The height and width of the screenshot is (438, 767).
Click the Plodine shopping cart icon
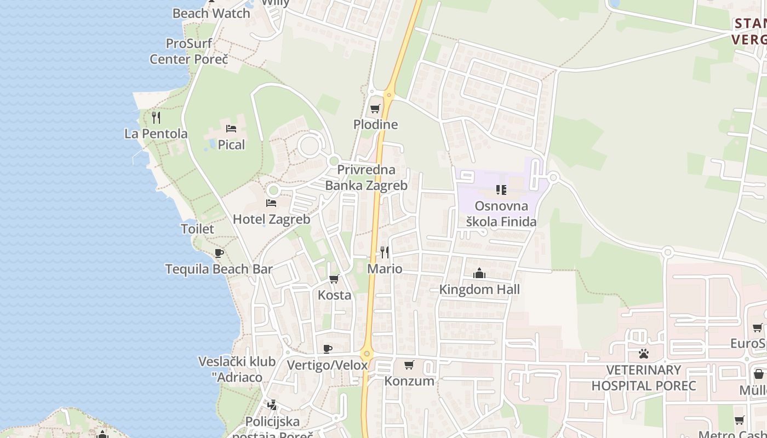pyautogui.click(x=375, y=108)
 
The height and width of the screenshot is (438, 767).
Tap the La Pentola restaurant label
pyautogui.click(x=156, y=134)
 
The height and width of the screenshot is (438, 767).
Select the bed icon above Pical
pyautogui.click(x=231, y=129)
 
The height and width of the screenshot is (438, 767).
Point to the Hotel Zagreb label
pyautogui.click(x=271, y=219)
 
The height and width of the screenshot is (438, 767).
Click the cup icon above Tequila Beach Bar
pyautogui.click(x=219, y=253)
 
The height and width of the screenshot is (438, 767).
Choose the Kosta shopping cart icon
pyautogui.click(x=334, y=279)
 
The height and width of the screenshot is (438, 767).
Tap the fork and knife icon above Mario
pyautogui.click(x=385, y=252)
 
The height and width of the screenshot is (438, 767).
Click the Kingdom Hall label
pyautogui.click(x=479, y=289)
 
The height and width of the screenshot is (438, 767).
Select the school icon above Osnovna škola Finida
pyautogui.click(x=501, y=190)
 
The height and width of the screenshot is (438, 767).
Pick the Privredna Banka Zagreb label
pyautogui.click(x=367, y=177)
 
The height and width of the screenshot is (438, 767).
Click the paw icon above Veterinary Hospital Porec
pyautogui.click(x=644, y=354)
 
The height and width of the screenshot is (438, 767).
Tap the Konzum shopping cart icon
pyautogui.click(x=409, y=365)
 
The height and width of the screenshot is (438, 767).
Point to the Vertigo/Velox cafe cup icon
pyautogui.click(x=328, y=349)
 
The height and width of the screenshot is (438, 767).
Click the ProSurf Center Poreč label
pyautogui.click(x=189, y=51)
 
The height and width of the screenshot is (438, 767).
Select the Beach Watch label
pyautogui.click(x=211, y=14)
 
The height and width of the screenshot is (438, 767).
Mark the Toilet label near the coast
pyautogui.click(x=197, y=229)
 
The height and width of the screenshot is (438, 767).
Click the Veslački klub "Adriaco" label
pyautogui.click(x=237, y=369)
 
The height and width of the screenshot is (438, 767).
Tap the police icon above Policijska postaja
pyautogui.click(x=272, y=405)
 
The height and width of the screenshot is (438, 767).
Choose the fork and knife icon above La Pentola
pyautogui.click(x=156, y=117)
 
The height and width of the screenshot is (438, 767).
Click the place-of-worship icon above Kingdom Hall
pyautogui.click(x=479, y=273)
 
